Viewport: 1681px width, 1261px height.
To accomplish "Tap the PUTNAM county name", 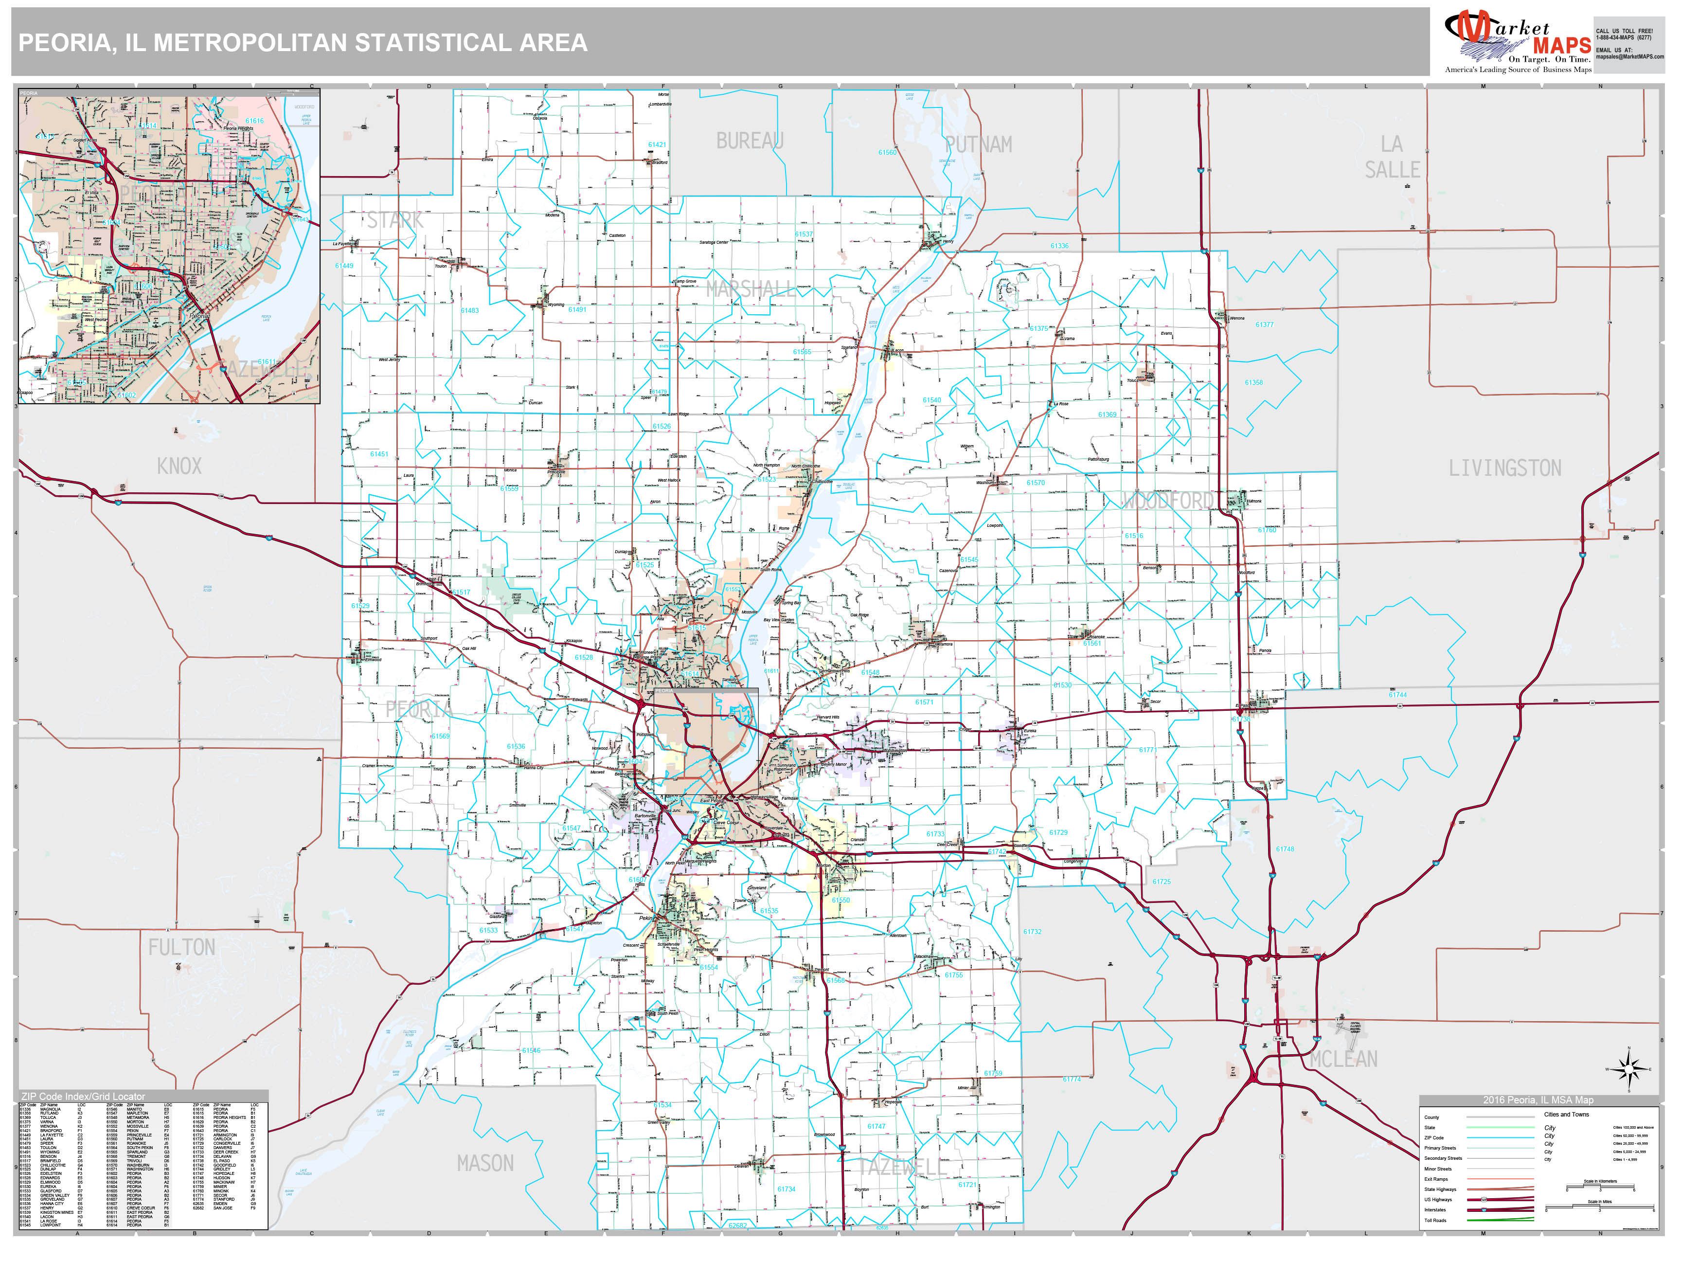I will (978, 144).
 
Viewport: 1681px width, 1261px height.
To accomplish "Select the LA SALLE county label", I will (1392, 157).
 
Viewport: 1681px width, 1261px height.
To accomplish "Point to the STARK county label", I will (395, 220).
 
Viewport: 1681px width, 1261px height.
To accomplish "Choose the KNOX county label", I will (179, 466).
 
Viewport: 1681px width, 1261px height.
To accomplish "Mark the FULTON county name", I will (181, 947).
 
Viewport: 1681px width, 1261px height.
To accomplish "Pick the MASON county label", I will (485, 1163).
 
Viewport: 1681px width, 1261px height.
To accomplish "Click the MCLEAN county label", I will (1343, 1059).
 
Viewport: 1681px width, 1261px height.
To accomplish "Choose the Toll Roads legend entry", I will (1435, 1220).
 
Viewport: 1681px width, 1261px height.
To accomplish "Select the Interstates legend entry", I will (1435, 1209).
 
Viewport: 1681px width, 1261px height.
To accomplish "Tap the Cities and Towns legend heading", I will (1566, 1114).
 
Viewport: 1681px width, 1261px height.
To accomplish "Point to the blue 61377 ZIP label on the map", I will (1264, 324).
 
